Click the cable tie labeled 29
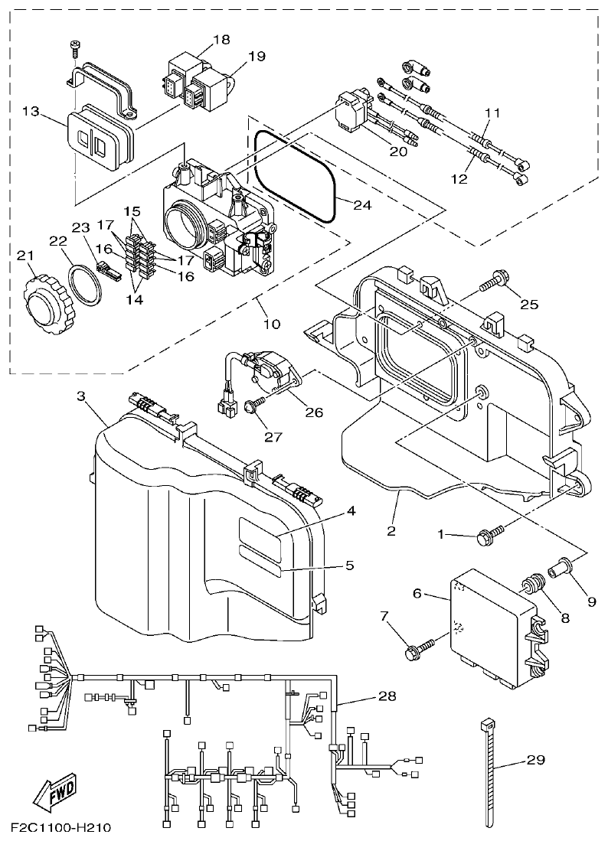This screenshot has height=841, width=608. point(487,773)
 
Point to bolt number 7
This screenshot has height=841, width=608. point(419,648)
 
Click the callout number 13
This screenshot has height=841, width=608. point(31,112)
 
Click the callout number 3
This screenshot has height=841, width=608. point(80,396)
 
